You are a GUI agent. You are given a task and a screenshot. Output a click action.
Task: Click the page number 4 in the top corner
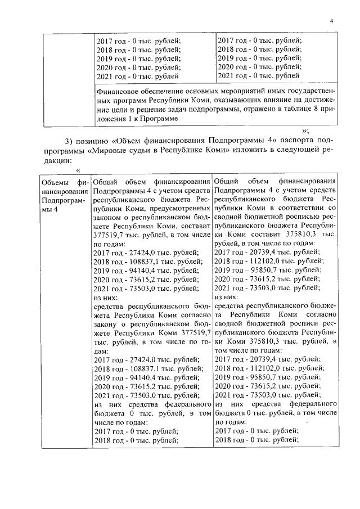tap(332, 21)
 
